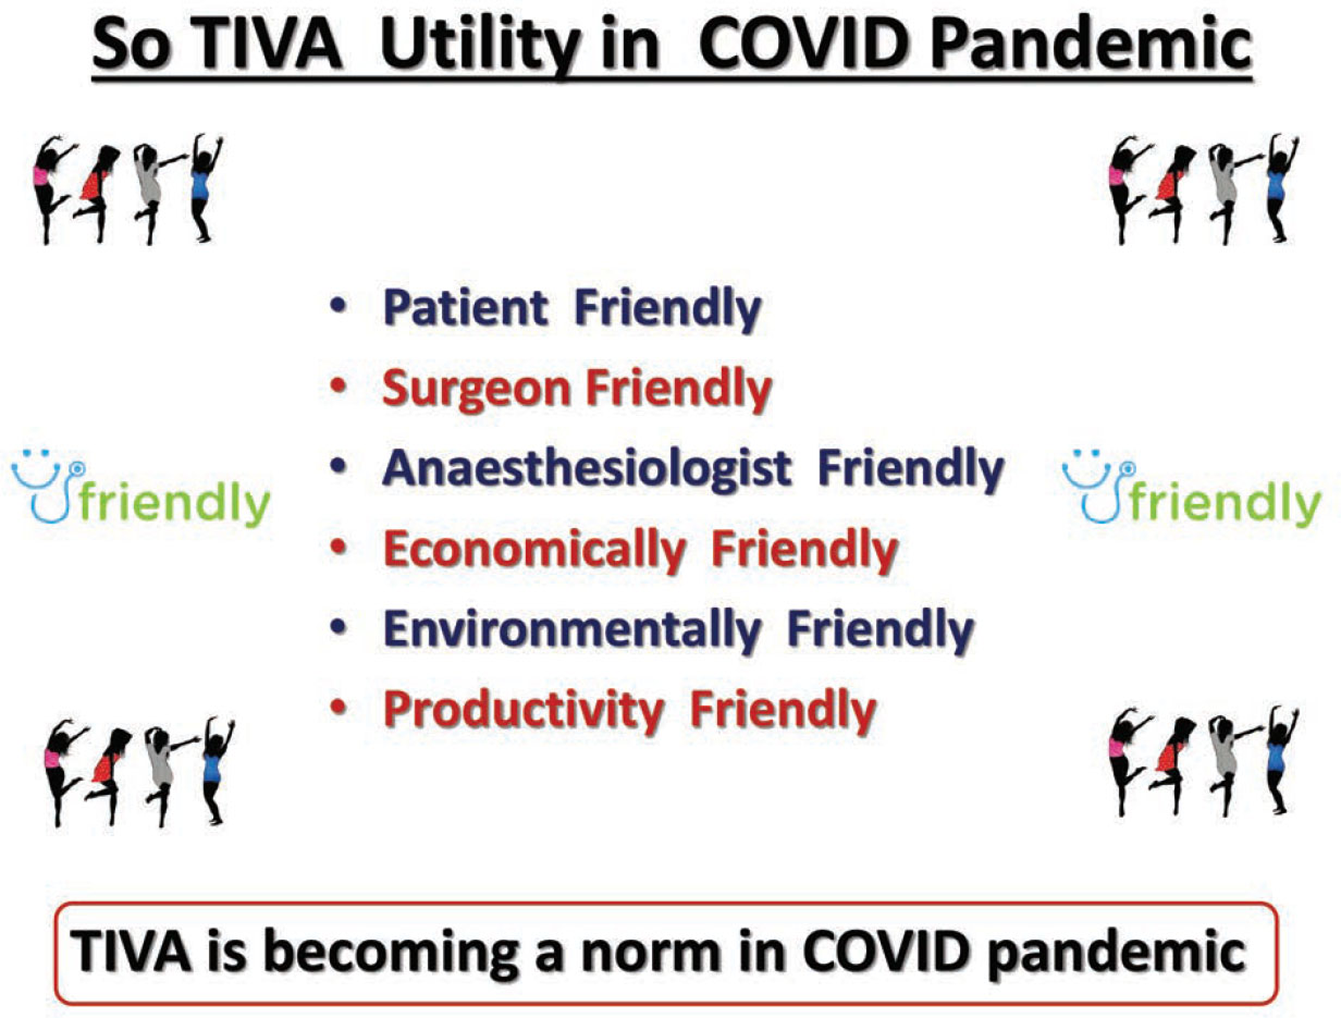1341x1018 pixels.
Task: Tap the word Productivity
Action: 523,710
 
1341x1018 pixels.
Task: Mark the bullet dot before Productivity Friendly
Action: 340,707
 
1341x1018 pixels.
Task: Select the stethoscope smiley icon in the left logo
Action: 48,485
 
